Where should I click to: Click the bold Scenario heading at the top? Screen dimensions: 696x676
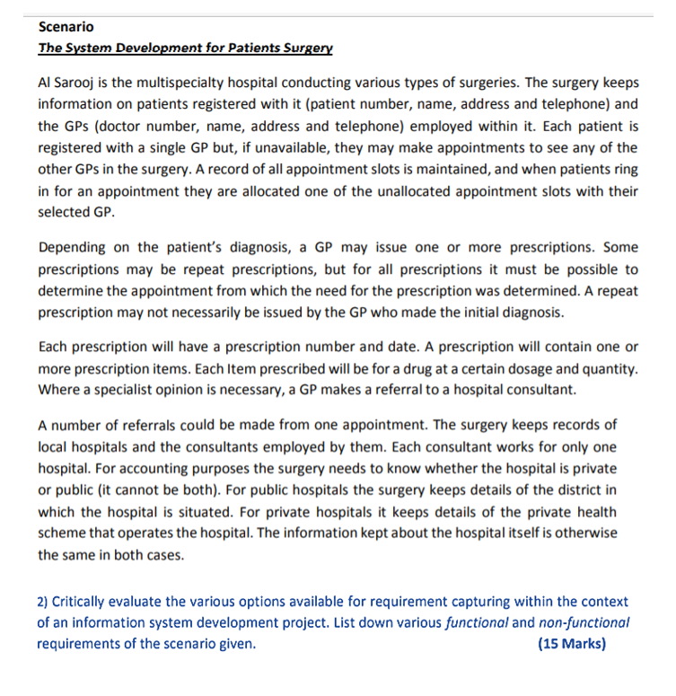pyautogui.click(x=66, y=28)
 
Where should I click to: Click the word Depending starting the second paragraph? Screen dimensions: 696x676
pyautogui.click(x=74, y=248)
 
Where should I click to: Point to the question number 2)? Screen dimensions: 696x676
pyautogui.click(x=44, y=603)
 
